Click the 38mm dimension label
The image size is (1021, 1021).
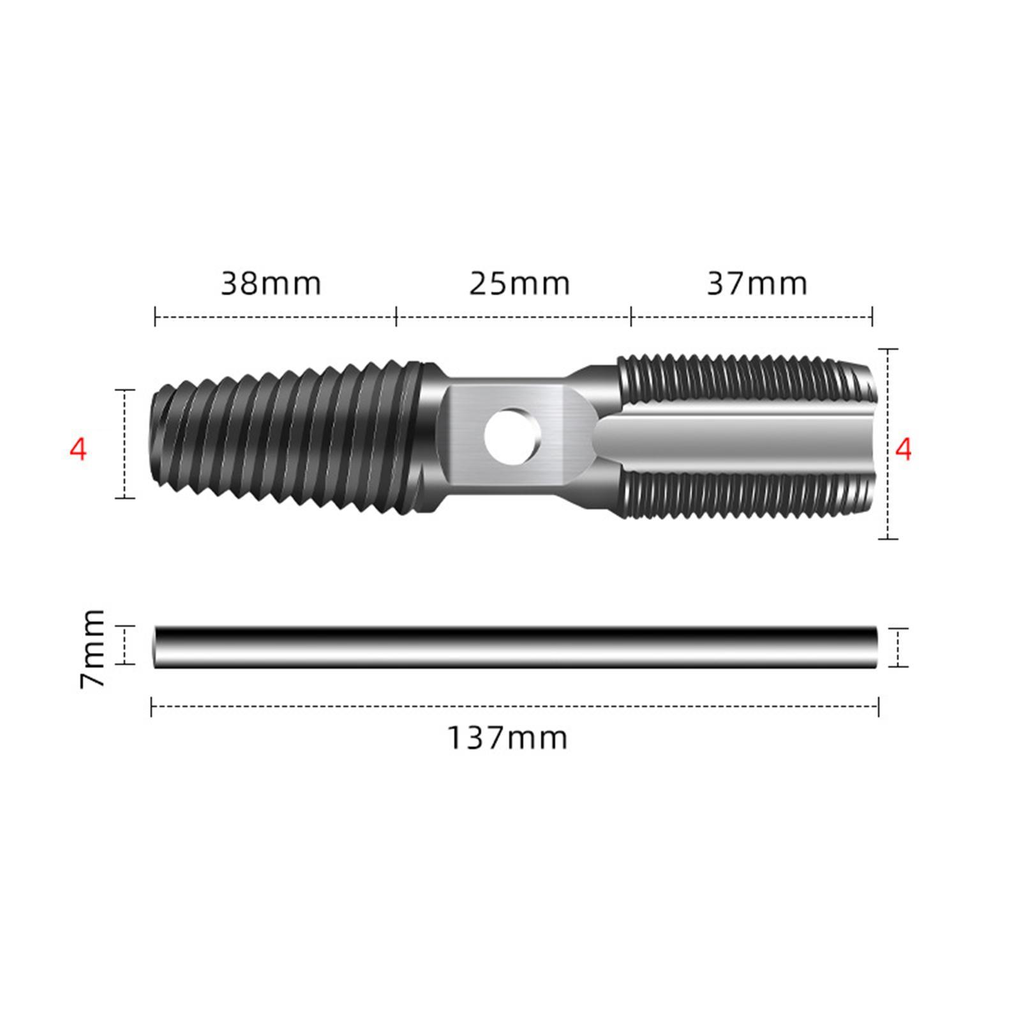point(271,284)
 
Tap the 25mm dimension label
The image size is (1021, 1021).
point(519,284)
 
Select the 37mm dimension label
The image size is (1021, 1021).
point(757,284)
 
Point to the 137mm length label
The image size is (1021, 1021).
point(507,738)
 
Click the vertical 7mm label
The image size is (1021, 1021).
point(93,648)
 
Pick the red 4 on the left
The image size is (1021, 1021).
point(77,450)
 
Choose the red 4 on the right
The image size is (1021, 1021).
point(902,450)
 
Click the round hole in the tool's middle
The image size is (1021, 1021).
point(512,437)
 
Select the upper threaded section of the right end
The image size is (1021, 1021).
point(740,380)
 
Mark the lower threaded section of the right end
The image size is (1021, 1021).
point(740,495)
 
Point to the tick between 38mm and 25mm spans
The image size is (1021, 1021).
point(396,316)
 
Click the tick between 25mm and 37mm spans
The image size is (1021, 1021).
point(631,316)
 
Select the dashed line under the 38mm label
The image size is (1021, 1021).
point(274,316)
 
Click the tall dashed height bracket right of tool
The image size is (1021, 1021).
point(888,443)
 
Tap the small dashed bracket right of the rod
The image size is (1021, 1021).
point(898,648)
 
